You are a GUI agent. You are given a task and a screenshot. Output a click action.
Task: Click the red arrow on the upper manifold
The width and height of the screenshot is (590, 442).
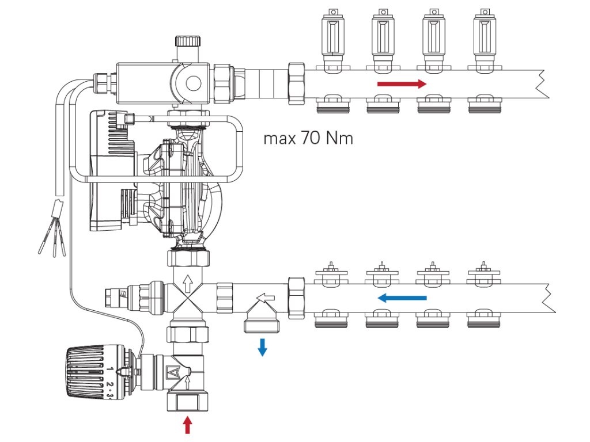(x=402, y=84)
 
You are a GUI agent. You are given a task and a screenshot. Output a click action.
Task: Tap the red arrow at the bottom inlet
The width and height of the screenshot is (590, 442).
(x=187, y=425)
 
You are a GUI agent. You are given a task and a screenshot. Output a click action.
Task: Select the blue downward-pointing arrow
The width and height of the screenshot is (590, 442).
(x=262, y=346)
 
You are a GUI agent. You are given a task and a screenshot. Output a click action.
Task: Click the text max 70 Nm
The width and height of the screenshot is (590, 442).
(x=308, y=139)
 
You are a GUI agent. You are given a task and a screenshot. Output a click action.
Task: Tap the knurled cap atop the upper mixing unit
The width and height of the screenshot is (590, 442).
(x=188, y=42)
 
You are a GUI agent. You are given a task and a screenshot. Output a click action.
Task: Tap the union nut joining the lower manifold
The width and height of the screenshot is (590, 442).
(x=296, y=298)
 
